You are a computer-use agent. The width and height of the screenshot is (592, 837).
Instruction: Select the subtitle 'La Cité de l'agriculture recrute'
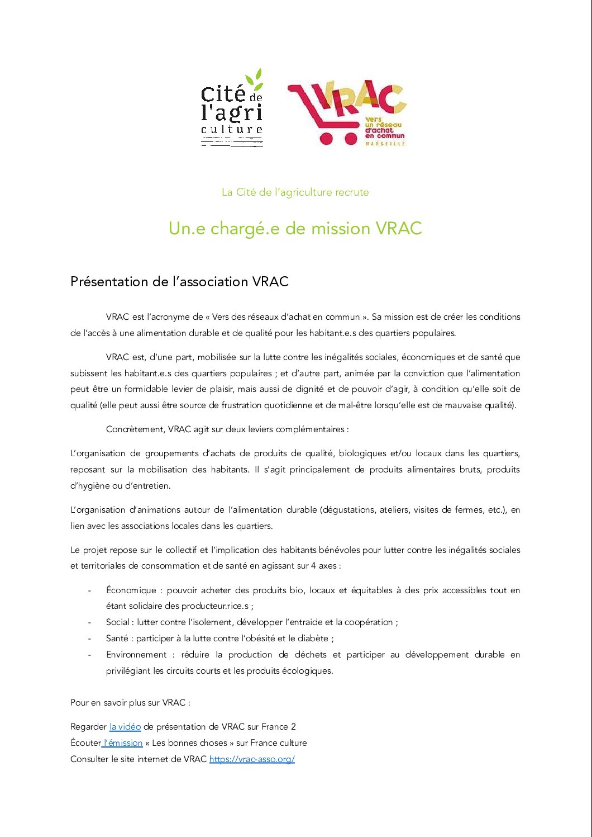(295, 192)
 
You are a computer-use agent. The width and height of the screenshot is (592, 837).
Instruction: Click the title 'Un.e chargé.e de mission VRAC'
(295, 228)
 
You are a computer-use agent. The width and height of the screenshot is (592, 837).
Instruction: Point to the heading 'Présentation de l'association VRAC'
(179, 281)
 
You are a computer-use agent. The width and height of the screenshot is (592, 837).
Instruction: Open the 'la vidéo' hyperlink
(125, 727)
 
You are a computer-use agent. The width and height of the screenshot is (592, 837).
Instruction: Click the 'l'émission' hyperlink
(123, 743)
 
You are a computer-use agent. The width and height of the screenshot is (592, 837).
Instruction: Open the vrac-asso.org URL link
(252, 759)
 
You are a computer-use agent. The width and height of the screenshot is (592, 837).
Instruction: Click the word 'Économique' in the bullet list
(131, 590)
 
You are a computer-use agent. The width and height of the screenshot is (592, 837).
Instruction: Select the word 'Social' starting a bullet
(118, 622)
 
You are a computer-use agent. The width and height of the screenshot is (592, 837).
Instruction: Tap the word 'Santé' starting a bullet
(117, 639)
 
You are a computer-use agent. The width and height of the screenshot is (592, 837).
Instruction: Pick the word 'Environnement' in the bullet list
(136, 655)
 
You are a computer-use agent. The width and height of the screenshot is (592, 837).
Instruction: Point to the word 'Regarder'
(88, 727)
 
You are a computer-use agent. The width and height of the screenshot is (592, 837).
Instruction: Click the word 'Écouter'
(85, 743)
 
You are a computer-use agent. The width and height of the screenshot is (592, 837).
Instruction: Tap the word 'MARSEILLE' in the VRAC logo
(385, 144)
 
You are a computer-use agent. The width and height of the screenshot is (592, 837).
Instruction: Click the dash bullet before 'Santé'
(89, 639)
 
